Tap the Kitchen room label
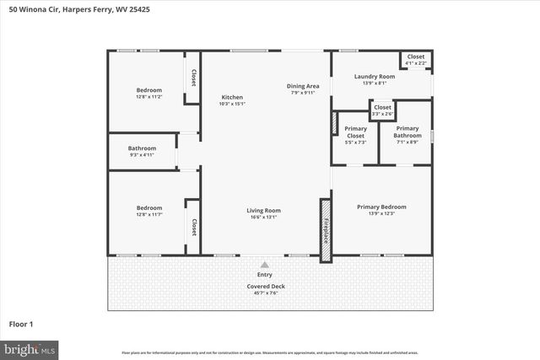232,97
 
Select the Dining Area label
302,86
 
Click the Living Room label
263,211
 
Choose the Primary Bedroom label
381,207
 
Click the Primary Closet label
355,132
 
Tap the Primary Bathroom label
408,132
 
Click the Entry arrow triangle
265,265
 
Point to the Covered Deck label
265,287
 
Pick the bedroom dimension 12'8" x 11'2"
149,97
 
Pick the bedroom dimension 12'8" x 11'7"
149,215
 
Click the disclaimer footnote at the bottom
269,352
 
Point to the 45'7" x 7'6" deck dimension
265,293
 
